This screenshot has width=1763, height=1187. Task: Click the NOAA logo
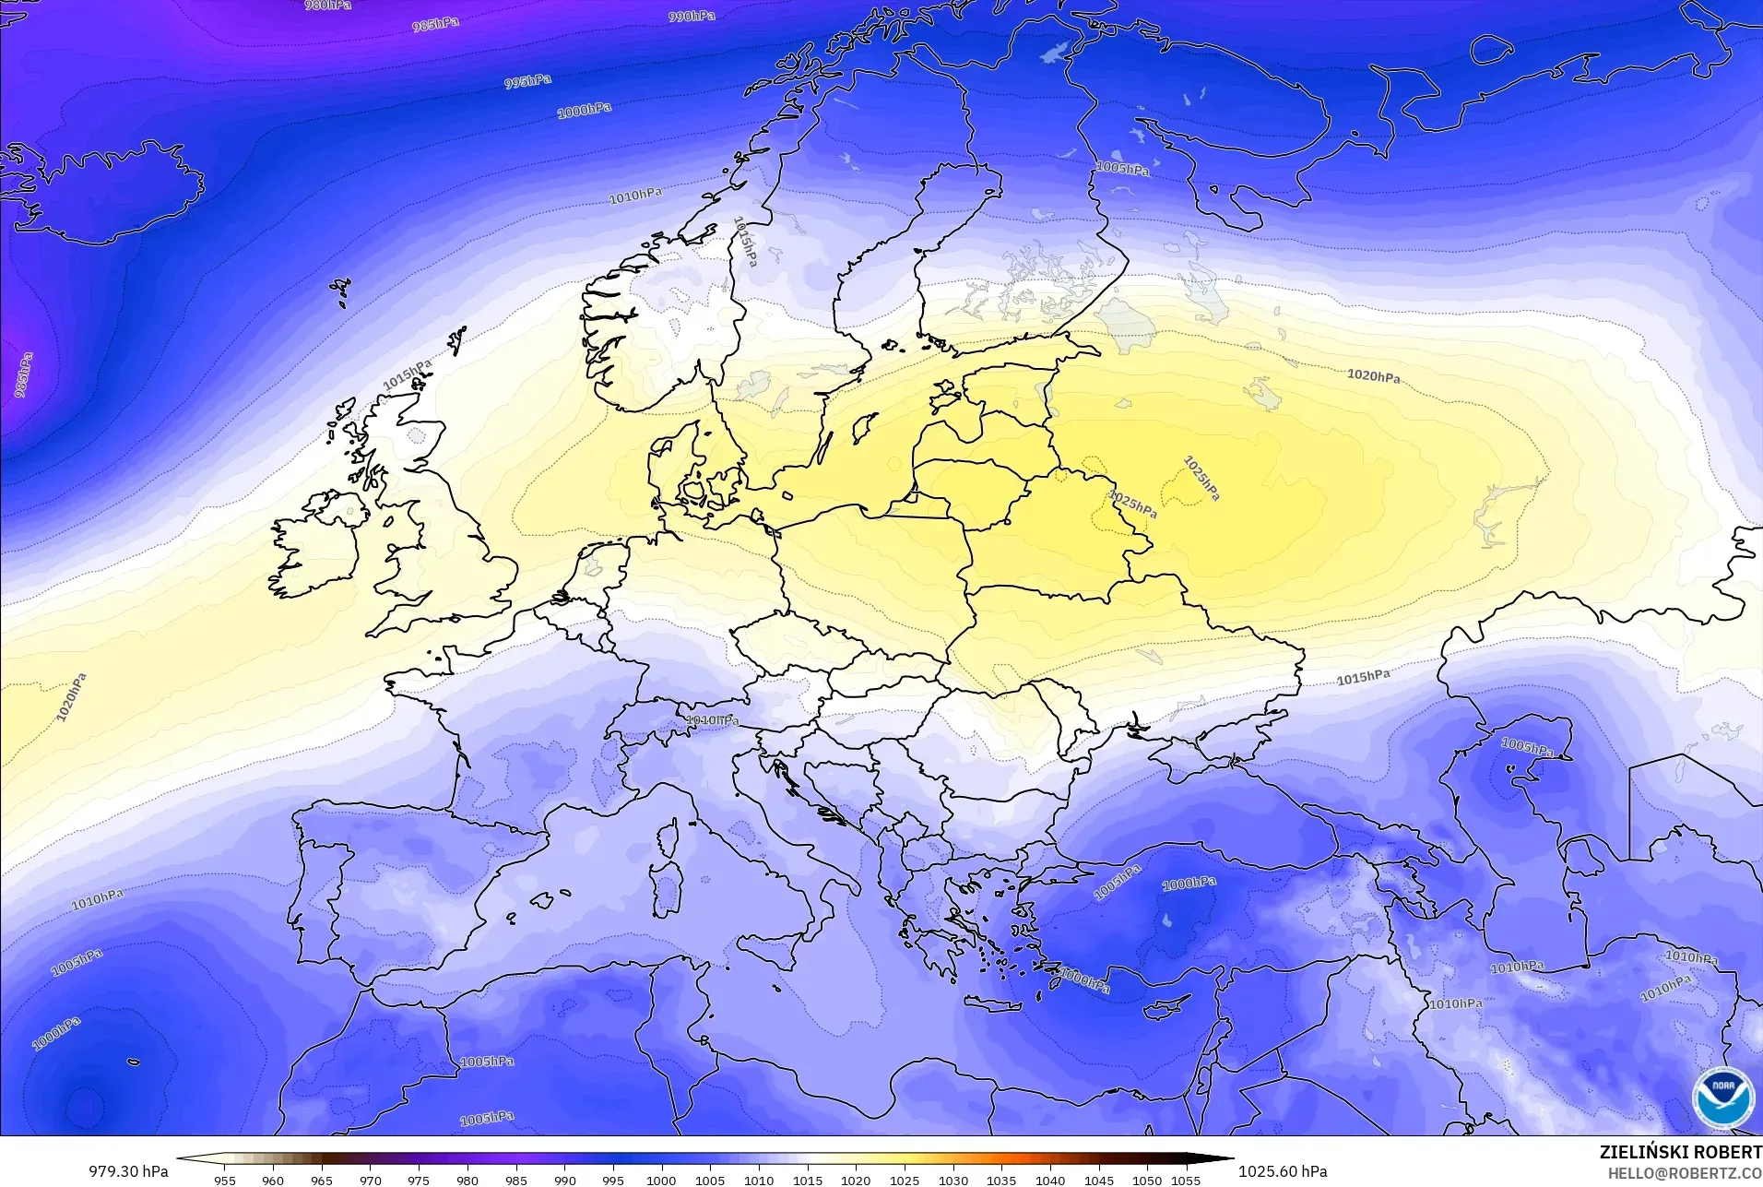pos(1722,1098)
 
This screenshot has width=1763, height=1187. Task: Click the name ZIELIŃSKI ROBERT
pos(1680,1152)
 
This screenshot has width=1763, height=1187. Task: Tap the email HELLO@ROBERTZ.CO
pos(1685,1174)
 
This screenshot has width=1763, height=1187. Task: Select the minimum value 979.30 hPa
pos(128,1171)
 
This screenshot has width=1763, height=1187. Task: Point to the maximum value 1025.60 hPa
pos(1283,1171)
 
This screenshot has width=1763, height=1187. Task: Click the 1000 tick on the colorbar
pos(661,1180)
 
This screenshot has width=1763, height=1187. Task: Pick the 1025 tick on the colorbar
pos(905,1180)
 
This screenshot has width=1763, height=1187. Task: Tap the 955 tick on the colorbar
pos(224,1180)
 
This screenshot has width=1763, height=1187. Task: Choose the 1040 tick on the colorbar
pos(1050,1180)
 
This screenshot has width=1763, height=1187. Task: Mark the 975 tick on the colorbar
pos(419,1180)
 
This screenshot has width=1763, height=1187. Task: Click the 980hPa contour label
pos(327,6)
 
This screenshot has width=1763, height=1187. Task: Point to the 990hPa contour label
pos(691,17)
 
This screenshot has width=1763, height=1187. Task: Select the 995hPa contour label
pos(527,82)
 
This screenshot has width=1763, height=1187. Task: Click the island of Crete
pos(1000,1003)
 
